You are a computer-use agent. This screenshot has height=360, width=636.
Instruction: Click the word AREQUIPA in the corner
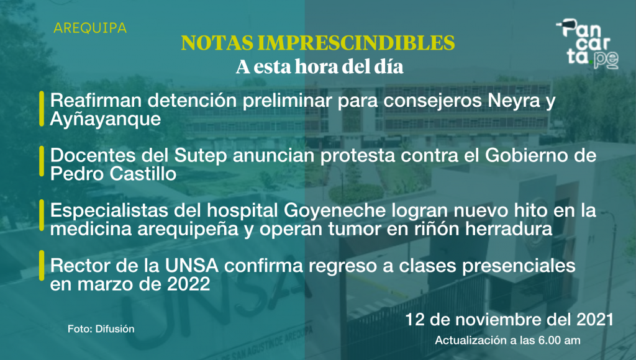[90, 28]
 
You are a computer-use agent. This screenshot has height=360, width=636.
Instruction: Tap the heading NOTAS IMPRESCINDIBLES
[318, 43]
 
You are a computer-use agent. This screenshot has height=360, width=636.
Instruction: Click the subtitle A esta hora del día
[320, 67]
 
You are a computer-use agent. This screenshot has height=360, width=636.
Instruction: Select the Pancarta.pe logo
[588, 44]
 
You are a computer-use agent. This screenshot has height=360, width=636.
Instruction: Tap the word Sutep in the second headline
[201, 156]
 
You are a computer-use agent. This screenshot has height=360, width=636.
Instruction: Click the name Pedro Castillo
[113, 174]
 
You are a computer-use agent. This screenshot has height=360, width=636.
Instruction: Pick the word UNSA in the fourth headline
[191, 266]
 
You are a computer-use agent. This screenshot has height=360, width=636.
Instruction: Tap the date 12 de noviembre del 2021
[509, 320]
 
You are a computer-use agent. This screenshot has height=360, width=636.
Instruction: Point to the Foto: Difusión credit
[101, 329]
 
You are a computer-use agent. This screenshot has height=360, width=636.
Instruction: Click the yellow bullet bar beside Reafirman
[42, 109]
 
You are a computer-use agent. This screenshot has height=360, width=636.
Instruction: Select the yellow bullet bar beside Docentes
[42, 161]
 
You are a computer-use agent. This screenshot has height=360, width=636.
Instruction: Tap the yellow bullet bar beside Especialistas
[42, 215]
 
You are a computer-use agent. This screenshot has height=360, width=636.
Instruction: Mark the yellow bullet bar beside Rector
[42, 266]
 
